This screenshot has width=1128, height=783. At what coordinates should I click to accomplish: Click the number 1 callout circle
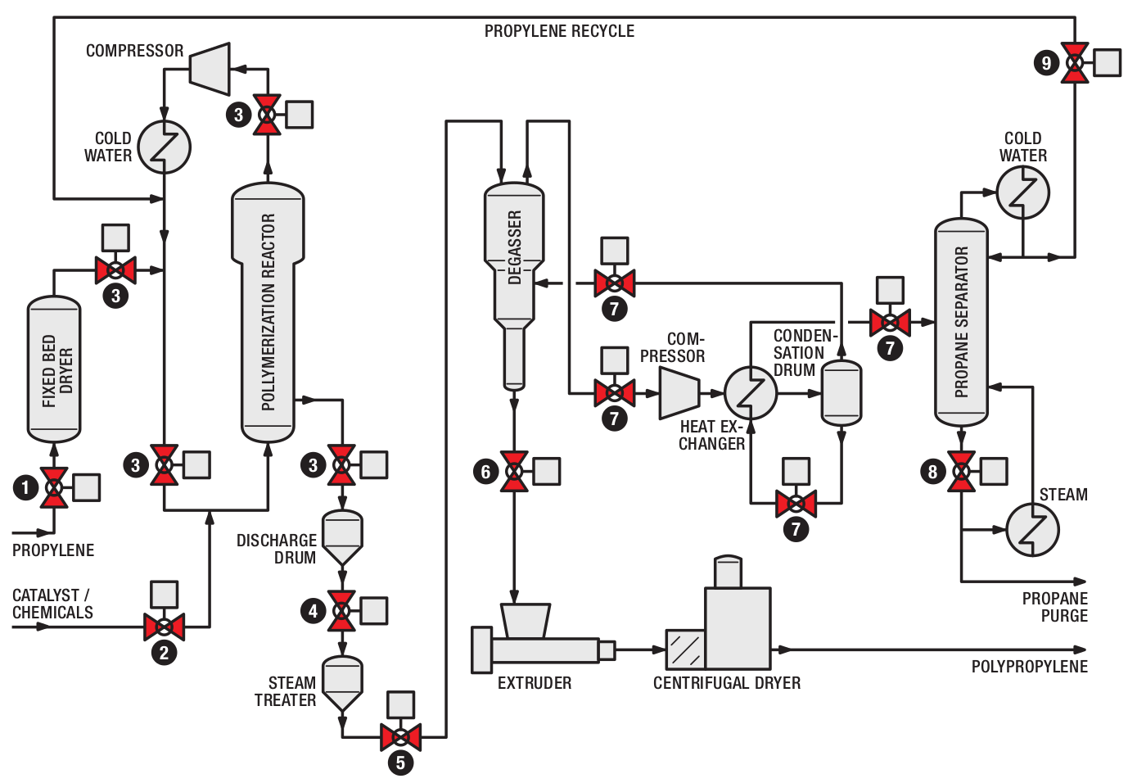coord(26,487)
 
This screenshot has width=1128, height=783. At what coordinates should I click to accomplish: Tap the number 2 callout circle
coord(165,653)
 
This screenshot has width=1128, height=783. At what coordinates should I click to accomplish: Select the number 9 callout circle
coord(1047,63)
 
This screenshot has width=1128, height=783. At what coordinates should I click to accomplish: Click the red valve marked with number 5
coord(401,738)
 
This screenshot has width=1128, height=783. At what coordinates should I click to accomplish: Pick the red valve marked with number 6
coord(514,472)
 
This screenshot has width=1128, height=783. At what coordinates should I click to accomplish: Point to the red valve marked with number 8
coord(961,472)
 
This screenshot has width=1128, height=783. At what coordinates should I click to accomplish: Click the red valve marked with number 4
coord(342,611)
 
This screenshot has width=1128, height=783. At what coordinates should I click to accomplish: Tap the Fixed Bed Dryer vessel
coord(54,369)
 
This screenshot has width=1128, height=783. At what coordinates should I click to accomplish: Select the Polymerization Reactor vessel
coord(268,312)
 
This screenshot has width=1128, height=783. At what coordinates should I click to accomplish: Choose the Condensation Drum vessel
coord(841,393)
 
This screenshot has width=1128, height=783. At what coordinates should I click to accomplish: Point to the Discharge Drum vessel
coord(342,537)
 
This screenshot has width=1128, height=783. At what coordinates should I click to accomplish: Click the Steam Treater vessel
coord(342,684)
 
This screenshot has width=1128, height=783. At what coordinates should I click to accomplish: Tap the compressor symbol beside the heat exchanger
coord(679,393)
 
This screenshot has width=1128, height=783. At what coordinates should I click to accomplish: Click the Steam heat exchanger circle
coord(1033,530)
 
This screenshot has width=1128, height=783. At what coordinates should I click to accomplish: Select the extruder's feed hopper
coord(526,621)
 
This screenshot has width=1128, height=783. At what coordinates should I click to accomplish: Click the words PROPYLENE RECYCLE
coord(559,31)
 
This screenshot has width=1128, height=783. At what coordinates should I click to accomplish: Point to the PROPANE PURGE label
coord(1054,607)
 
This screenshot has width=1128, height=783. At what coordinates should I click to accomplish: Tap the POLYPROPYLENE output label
coord(1029,666)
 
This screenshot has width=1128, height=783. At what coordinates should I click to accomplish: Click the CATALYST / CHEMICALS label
coord(52,604)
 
